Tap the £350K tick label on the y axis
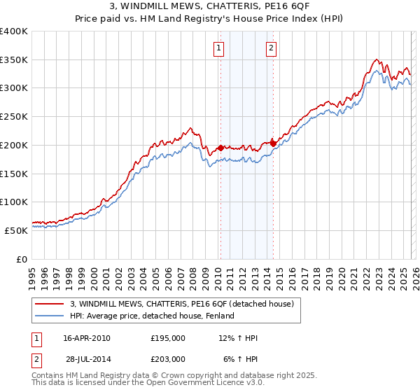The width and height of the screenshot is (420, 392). coord(14,60)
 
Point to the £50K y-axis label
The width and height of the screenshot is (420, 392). coord(16,230)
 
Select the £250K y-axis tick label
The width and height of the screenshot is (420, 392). coord(14,117)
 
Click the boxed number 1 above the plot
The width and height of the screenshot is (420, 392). coord(219,48)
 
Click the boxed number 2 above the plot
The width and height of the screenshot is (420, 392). coord(271,48)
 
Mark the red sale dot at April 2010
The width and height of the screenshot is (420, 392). coord(220,148)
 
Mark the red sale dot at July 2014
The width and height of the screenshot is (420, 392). coord(273,143)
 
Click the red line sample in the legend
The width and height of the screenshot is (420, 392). coord(50,304)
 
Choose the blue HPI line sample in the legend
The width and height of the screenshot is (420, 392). coord(50,316)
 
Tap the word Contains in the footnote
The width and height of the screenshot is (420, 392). coord(49,375)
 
